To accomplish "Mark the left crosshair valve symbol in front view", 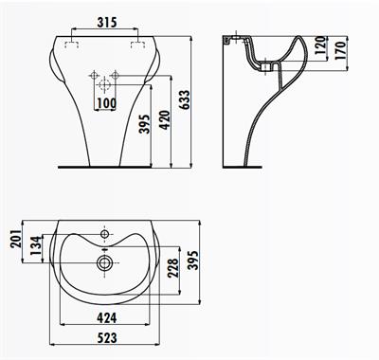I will (93, 75).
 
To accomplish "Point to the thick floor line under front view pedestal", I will (103, 164).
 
